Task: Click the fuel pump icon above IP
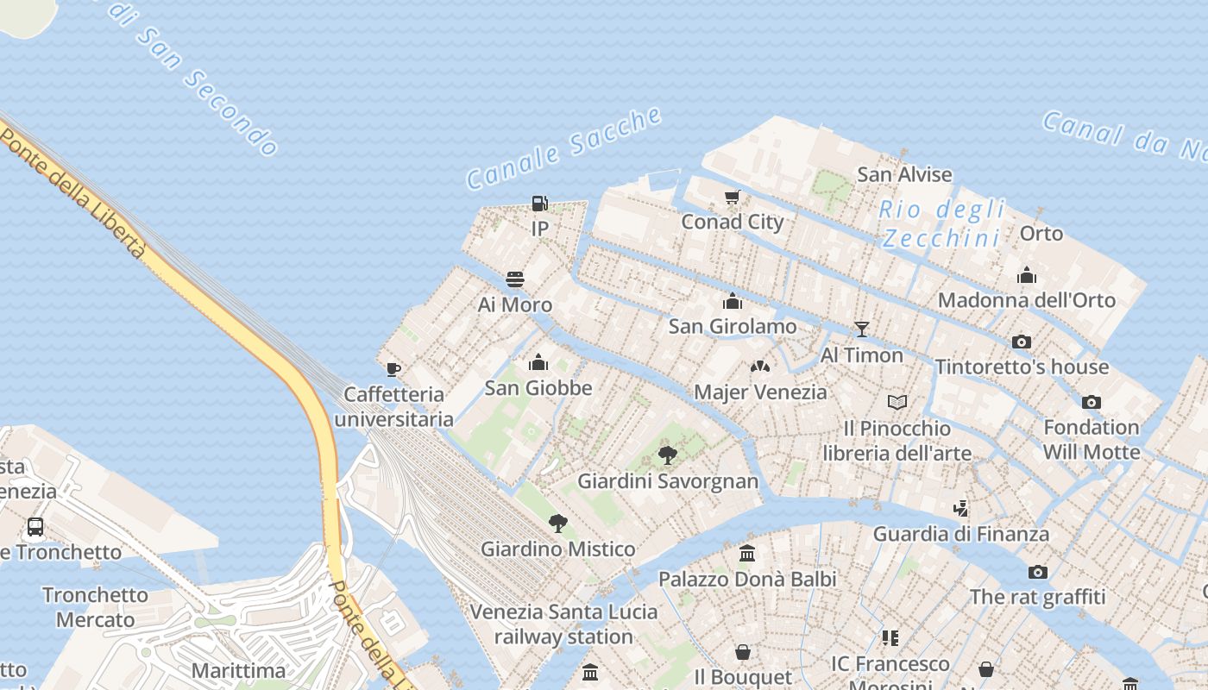(x=539, y=204)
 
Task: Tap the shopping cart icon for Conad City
(x=733, y=198)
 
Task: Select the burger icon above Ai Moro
(x=515, y=279)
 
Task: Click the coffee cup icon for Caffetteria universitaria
(x=393, y=370)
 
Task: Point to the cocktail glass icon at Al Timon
(x=861, y=329)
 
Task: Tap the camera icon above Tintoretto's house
(x=1022, y=342)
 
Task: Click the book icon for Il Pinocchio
(x=897, y=402)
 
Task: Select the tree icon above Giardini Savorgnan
(x=667, y=455)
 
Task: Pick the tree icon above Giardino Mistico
(x=557, y=523)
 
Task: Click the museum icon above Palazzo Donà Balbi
(x=747, y=553)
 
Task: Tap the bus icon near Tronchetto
(x=35, y=526)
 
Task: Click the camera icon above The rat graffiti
(x=1037, y=572)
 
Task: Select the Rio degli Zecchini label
(x=942, y=223)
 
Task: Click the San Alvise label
(x=904, y=174)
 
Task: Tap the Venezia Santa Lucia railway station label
(x=563, y=624)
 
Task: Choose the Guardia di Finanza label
(x=961, y=534)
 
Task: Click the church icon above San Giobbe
(x=538, y=361)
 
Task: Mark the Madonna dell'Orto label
(x=1027, y=300)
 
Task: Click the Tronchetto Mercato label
(x=95, y=607)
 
